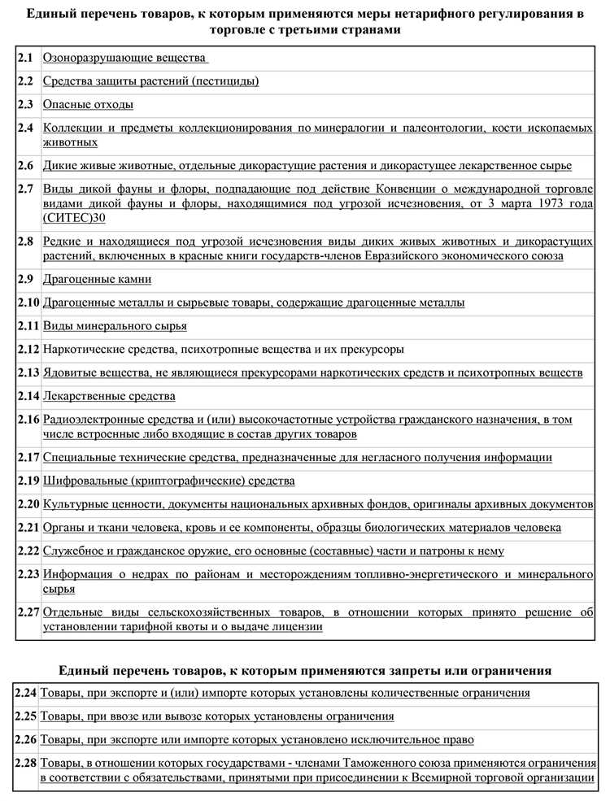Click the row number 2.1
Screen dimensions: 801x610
(x=25, y=59)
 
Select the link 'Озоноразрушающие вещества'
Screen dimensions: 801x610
(x=124, y=59)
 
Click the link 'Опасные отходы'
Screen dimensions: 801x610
(x=88, y=105)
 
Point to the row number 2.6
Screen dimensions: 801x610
(x=25, y=165)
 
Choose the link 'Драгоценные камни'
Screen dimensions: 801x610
(x=97, y=279)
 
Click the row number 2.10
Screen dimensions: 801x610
(x=28, y=303)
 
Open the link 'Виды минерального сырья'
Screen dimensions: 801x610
(x=115, y=326)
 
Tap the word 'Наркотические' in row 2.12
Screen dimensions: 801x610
(x=80, y=350)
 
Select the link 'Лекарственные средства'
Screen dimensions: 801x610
(x=109, y=396)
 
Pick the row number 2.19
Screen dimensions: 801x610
(x=28, y=481)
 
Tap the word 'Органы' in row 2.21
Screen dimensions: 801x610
(x=61, y=528)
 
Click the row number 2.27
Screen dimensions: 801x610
(x=28, y=612)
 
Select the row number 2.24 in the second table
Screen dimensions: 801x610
(x=26, y=693)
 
